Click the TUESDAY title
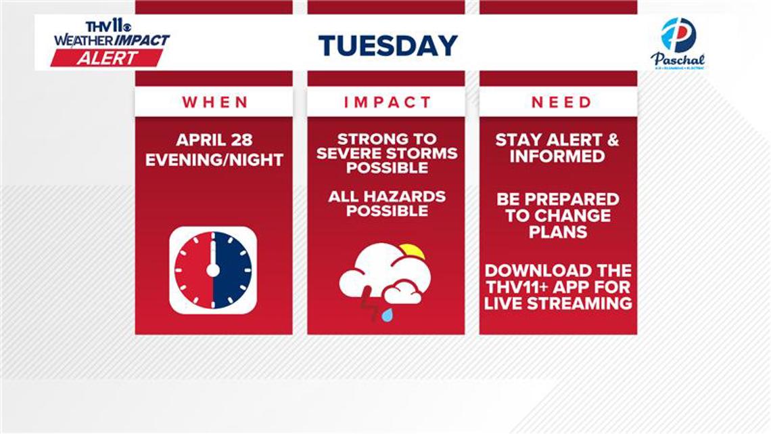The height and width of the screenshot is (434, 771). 388,45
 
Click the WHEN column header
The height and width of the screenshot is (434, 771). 214,102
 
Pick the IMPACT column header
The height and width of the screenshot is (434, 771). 387,102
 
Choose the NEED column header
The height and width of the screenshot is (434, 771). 561,102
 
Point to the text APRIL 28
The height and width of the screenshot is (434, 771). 214,140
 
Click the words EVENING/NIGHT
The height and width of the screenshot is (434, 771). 214,160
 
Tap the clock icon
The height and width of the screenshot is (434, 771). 213,270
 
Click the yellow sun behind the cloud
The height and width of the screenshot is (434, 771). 411,253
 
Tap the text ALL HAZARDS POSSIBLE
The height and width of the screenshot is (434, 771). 387,204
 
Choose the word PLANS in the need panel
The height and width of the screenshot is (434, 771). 558,232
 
